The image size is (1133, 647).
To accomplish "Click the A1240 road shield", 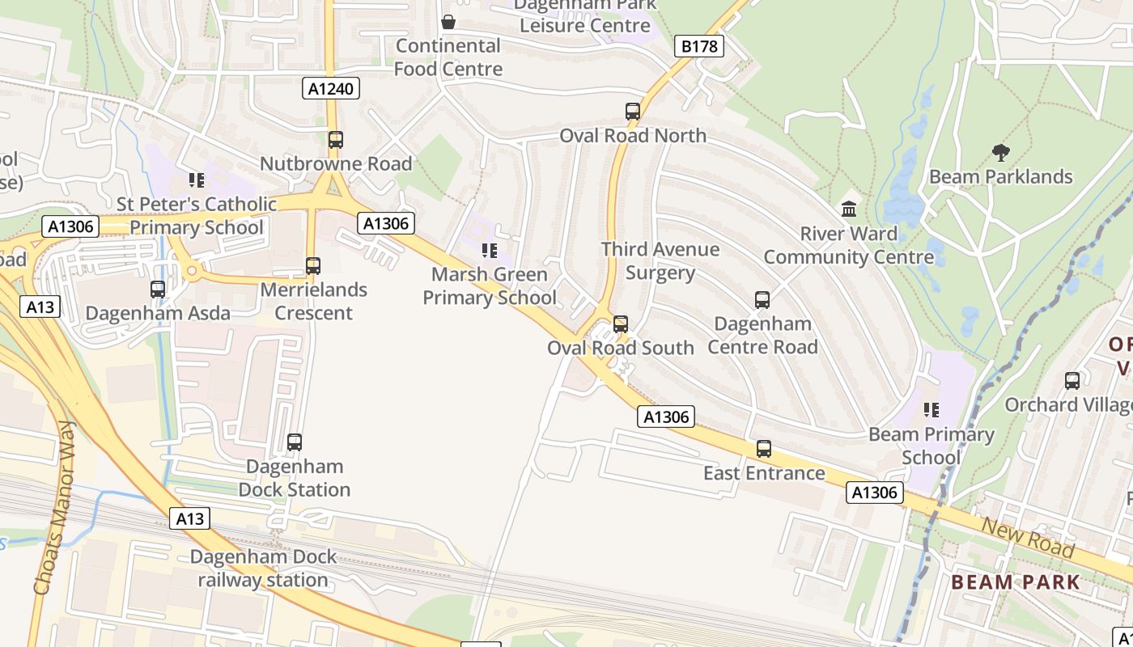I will tap(332, 88).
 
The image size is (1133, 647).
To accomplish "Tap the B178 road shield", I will tap(698, 46).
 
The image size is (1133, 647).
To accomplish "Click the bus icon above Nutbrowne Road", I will tap(336, 140).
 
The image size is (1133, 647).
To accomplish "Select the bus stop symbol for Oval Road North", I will tap(633, 112).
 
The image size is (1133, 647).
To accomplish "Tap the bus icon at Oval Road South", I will tap(621, 324).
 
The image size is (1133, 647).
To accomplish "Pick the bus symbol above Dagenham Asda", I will tap(158, 289).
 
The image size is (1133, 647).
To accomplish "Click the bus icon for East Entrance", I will tap(764, 449).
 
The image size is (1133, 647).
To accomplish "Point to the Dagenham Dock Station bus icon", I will tap(295, 442).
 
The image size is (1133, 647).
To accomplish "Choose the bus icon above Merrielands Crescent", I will tap(313, 265).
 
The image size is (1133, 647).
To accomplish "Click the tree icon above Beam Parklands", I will tap(1001, 152).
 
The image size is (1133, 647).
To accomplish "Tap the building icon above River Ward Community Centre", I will tap(849, 209).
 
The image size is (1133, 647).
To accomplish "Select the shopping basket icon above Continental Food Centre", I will tap(448, 22).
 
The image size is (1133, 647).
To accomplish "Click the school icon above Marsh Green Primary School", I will tap(489, 251).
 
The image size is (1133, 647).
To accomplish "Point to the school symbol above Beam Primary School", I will tap(931, 410).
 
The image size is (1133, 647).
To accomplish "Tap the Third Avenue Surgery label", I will tap(660, 260).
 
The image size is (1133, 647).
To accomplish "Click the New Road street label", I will tap(1028, 538).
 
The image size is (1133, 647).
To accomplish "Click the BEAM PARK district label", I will tap(1015, 581).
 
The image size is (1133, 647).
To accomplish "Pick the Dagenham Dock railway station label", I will tap(263, 569).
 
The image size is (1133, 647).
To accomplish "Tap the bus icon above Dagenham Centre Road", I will tap(762, 300).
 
